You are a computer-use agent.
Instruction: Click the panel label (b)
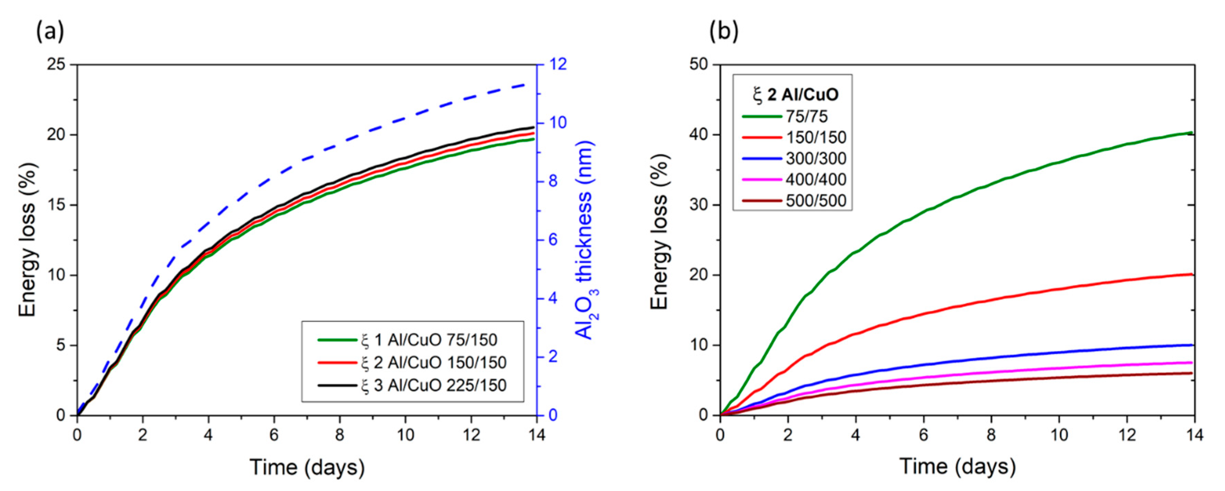[723, 32]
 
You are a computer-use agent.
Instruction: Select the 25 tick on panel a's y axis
[57, 64]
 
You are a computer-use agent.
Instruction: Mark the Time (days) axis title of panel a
[307, 467]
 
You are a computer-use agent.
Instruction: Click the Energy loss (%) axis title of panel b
[660, 232]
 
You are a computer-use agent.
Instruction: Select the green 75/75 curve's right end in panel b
[1192, 133]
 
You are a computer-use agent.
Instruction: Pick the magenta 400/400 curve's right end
[1192, 363]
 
